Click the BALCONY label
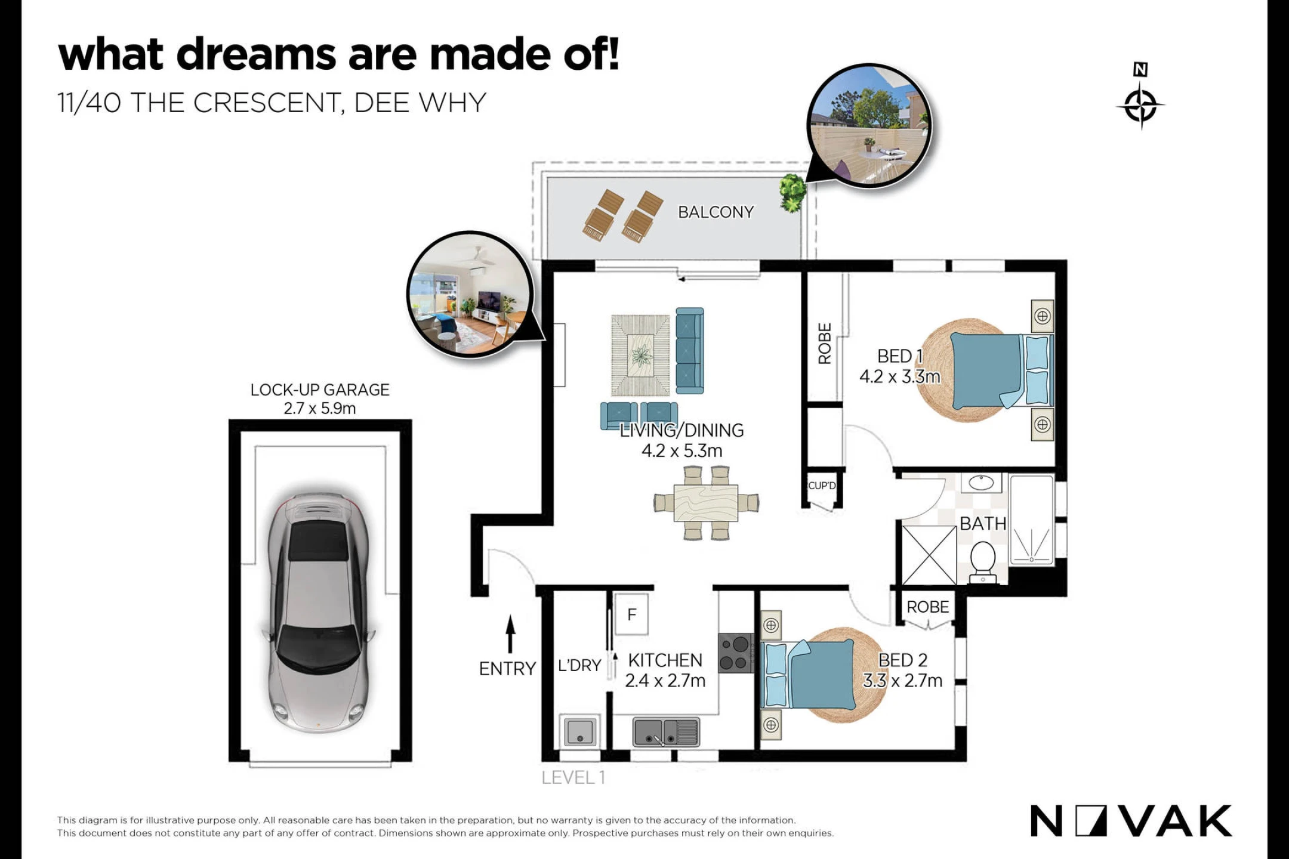pos(716,212)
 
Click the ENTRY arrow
pos(510,634)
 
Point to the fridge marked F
pos(631,614)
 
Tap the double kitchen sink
pos(666,731)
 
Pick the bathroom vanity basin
pos(981,483)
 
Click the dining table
pos(706,502)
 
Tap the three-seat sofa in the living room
pos(690,351)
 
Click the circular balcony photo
pos(869,126)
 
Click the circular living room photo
pos(470,293)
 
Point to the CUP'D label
pos(822,486)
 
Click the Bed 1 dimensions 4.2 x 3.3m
pos(900,377)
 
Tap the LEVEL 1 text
pos(573,778)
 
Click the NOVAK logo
pos(1131,821)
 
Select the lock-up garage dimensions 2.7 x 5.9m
pos(320,409)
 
